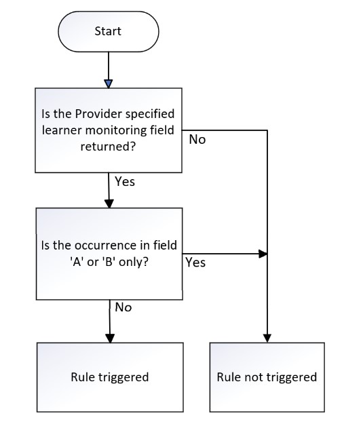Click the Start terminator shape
click(109, 31)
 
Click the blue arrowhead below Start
click(109, 84)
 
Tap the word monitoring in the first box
click(116, 130)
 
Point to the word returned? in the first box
click(108, 147)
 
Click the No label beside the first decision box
click(197, 139)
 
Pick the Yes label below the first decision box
click(125, 181)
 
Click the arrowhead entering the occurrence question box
click(109, 204)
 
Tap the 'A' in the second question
click(77, 262)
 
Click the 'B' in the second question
click(109, 262)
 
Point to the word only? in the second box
click(134, 262)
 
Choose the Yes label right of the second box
click(195, 263)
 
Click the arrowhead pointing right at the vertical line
click(263, 254)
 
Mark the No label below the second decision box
click(123, 307)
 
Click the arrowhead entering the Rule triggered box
click(110, 339)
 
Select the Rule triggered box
click(110, 377)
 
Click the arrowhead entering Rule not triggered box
click(267, 339)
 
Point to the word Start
click(108, 31)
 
